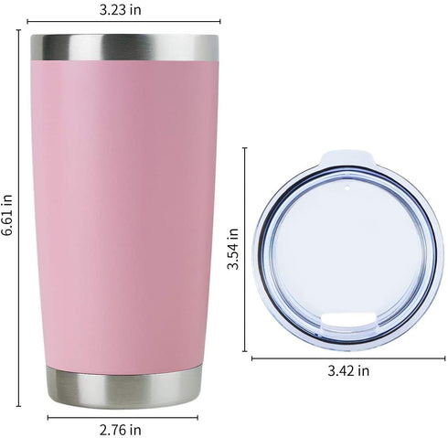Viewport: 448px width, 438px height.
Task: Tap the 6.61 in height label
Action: tap(8, 215)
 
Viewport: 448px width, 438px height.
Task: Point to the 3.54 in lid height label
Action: tap(234, 250)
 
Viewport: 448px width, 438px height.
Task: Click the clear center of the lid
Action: tap(347, 251)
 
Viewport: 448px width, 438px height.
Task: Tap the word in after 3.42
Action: tap(364, 370)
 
